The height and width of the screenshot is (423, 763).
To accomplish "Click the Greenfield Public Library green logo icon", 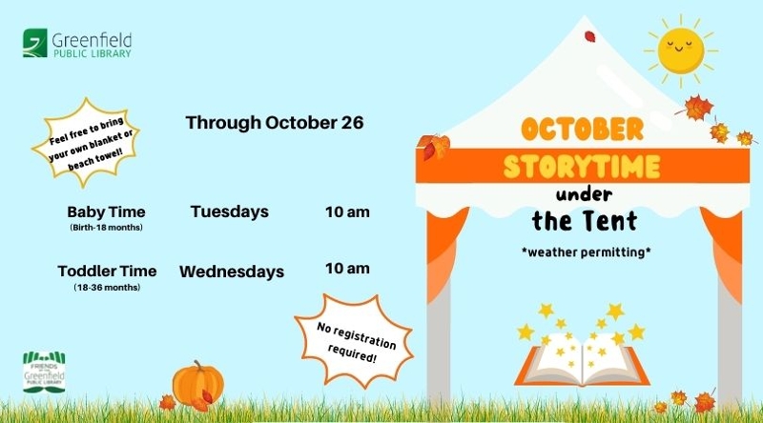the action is (x=35, y=43).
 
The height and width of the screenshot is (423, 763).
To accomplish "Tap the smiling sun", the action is (x=681, y=51).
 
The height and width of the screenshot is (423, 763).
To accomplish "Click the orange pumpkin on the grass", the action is (x=198, y=384).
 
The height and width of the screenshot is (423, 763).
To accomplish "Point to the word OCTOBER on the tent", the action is (x=582, y=129).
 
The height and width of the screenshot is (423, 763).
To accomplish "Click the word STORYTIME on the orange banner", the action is (x=582, y=167).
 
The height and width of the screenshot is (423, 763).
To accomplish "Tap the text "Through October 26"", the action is (x=275, y=123).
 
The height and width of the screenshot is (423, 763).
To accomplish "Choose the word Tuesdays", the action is (x=230, y=212).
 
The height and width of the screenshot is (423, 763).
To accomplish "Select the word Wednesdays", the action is (x=232, y=272).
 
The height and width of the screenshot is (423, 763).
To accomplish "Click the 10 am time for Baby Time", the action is (x=347, y=212).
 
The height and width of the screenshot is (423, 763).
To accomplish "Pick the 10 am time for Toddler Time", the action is (x=347, y=269).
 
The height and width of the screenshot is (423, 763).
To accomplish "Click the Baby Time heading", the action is (x=106, y=212).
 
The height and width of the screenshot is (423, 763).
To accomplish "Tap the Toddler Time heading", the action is (x=107, y=271).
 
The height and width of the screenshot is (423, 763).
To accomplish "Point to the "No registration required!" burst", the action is (x=355, y=340).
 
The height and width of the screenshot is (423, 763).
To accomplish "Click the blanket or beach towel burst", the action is (x=86, y=143).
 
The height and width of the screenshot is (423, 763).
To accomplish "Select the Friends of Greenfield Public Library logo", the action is (x=44, y=372).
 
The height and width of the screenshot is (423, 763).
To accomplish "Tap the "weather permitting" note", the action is (x=586, y=252).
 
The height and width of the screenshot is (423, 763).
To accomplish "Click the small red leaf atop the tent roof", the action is (x=589, y=36).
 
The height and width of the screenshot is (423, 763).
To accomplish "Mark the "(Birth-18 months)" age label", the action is (x=106, y=228).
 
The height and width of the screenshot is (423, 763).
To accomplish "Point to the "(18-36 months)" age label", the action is (x=107, y=288).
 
